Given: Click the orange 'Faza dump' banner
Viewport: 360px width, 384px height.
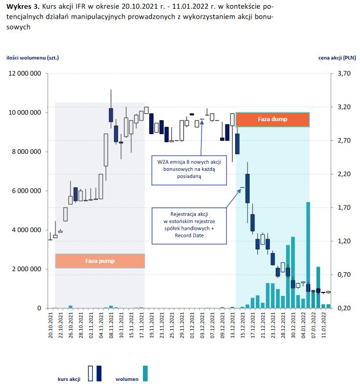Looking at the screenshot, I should (x=272, y=120).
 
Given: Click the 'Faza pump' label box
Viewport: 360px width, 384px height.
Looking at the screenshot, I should (x=100, y=261).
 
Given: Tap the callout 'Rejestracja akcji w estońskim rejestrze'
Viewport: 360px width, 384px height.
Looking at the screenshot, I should (x=190, y=225).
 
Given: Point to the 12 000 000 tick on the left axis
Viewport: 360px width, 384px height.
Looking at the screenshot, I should (x=25, y=73).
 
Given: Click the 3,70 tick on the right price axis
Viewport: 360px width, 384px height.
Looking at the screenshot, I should (x=343, y=73).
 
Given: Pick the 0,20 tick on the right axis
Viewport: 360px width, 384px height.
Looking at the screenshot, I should (x=343, y=308).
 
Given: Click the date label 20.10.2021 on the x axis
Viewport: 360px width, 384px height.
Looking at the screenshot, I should (x=51, y=326).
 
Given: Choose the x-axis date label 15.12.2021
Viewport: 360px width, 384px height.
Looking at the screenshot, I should (x=242, y=326).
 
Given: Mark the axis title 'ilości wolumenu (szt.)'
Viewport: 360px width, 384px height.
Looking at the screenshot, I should (x=33, y=58).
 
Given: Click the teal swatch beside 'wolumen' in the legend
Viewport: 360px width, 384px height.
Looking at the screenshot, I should (x=146, y=374).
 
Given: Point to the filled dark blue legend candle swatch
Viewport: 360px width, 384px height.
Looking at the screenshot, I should (x=99, y=374).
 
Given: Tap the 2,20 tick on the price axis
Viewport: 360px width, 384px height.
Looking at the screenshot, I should (x=343, y=174).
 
